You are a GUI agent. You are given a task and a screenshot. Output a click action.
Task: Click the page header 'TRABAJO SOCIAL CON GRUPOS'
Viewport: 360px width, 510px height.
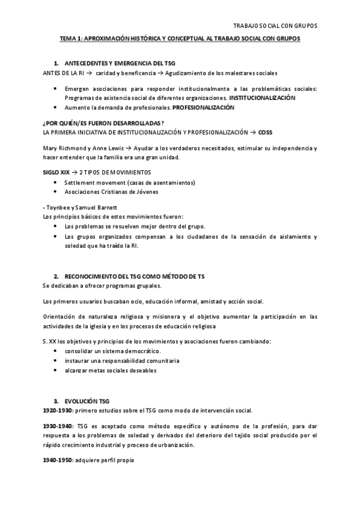(x=274, y=26)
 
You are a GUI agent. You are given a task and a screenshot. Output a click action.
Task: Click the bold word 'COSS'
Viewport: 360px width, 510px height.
(x=265, y=131)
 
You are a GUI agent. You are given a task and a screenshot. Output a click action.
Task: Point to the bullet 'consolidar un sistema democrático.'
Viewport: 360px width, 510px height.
(x=113, y=351)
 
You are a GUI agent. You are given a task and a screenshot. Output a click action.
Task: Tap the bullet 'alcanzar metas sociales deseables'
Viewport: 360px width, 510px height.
(x=111, y=370)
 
